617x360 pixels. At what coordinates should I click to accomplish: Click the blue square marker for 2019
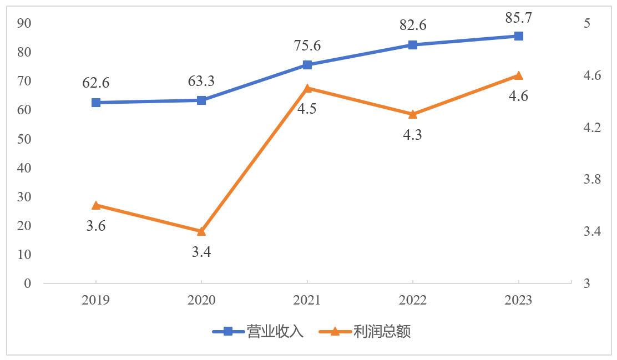pyautogui.click(x=96, y=103)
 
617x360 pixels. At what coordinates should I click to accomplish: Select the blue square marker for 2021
pyautogui.click(x=307, y=65)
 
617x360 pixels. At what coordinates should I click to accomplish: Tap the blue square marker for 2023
pyautogui.click(x=518, y=36)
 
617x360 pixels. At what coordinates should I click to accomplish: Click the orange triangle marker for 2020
pyautogui.click(x=201, y=231)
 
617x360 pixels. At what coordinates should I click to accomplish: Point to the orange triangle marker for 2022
pyautogui.click(x=412, y=114)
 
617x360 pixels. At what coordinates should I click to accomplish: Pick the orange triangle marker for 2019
pyautogui.click(x=96, y=205)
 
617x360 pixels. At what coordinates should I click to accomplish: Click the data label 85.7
pyautogui.click(x=518, y=18)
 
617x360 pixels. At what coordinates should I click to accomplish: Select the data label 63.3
pyautogui.click(x=201, y=82)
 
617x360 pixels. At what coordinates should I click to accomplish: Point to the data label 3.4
pyautogui.click(x=201, y=252)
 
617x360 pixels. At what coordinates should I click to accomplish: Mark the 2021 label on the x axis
pyautogui.click(x=307, y=300)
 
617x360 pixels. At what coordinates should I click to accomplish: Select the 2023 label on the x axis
pyautogui.click(x=518, y=300)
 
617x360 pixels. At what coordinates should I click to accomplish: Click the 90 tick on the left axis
pyautogui.click(x=24, y=23)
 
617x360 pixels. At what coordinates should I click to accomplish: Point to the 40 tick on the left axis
pyautogui.click(x=24, y=168)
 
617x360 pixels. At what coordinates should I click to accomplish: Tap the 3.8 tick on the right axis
pyautogui.click(x=593, y=180)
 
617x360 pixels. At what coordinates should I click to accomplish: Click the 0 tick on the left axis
pyautogui.click(x=27, y=283)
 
